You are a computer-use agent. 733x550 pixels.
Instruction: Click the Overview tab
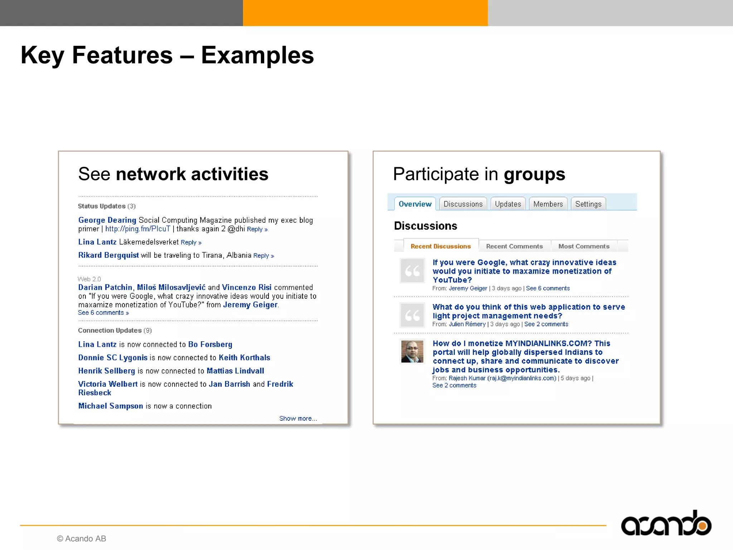point(415,204)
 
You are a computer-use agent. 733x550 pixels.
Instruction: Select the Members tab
point(548,204)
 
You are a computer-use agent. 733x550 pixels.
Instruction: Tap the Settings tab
point(588,204)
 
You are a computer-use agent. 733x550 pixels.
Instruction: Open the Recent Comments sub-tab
point(514,246)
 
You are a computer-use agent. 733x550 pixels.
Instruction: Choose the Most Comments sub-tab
point(584,246)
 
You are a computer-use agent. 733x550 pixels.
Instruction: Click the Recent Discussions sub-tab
point(441,246)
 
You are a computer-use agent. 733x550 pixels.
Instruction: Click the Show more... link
point(298,419)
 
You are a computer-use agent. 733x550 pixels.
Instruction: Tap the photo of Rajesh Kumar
point(412,351)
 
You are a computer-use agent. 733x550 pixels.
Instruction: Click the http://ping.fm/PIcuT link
point(138,229)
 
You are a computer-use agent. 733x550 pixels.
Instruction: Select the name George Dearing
point(107,220)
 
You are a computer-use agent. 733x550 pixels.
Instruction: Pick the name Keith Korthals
point(244,358)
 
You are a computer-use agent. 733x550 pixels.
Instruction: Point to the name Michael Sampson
point(111,406)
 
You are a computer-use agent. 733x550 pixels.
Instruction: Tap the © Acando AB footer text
point(82,539)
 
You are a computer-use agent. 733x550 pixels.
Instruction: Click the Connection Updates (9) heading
point(115,331)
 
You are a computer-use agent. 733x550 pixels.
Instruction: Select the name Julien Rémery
point(467,324)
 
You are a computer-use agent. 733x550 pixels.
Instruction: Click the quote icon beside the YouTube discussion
point(412,271)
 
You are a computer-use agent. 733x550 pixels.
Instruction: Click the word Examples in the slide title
point(257,56)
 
